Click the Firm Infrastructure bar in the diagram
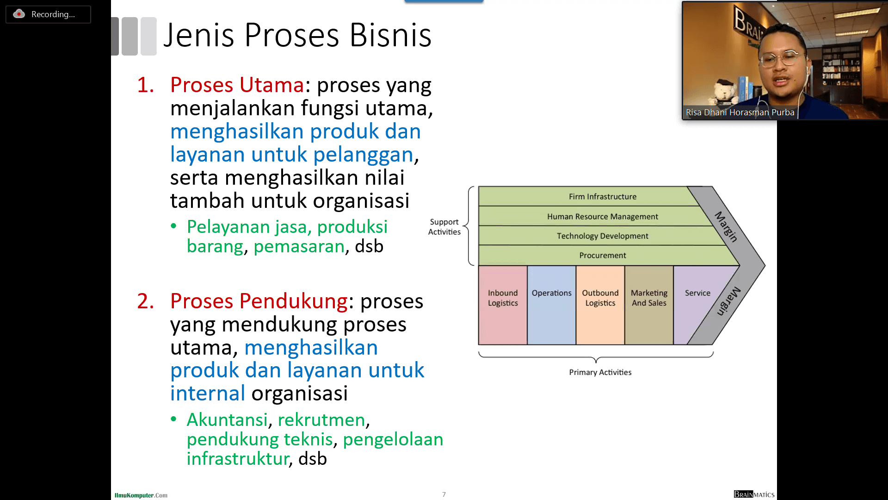click(x=587, y=196)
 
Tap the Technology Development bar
click(x=601, y=236)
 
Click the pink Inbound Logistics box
click(x=503, y=305)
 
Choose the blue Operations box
click(x=552, y=305)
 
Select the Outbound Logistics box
click(x=600, y=305)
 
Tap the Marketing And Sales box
click(x=649, y=305)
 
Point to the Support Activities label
click(x=444, y=227)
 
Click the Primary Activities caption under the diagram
click(x=600, y=372)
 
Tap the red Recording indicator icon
click(x=19, y=14)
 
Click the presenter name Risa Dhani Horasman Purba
click(x=740, y=112)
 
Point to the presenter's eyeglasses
click(x=781, y=58)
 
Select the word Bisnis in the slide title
click(x=390, y=35)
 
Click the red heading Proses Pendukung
click(x=259, y=301)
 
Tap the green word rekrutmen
click(x=321, y=420)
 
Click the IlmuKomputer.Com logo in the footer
click(x=141, y=495)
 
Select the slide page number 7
click(x=444, y=494)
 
